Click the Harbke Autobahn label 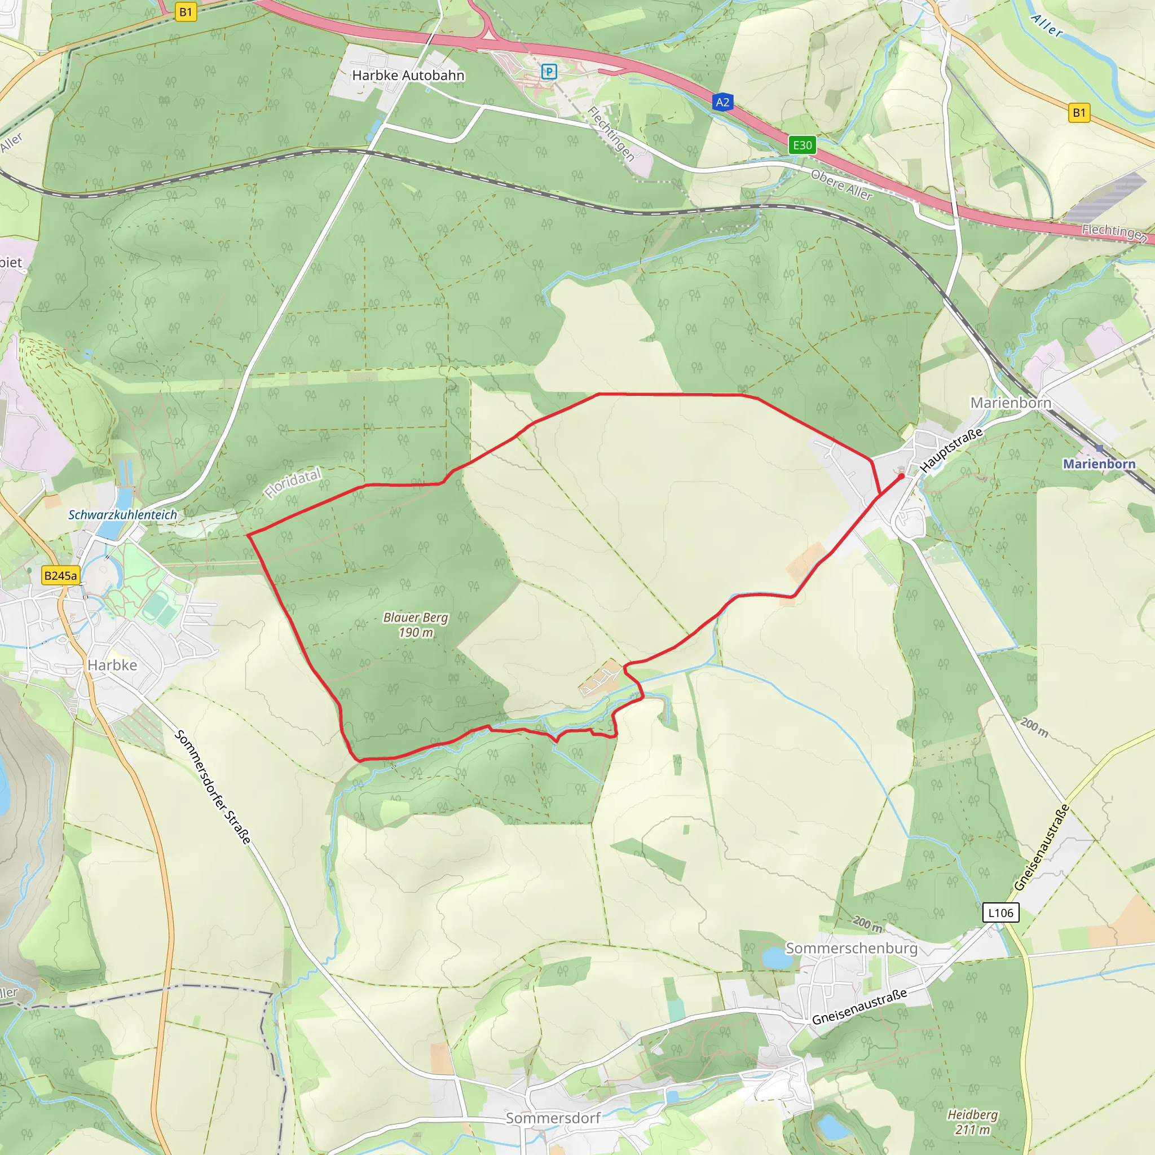pyautogui.click(x=408, y=76)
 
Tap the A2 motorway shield pyautogui.click(x=722, y=102)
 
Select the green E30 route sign pyautogui.click(x=802, y=146)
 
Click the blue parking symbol pyautogui.click(x=549, y=72)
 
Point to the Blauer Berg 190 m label pyautogui.click(x=416, y=625)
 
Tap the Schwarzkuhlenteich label pyautogui.click(x=122, y=515)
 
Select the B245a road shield pyautogui.click(x=61, y=576)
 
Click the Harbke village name pyautogui.click(x=112, y=665)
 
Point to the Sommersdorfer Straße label pyautogui.click(x=213, y=787)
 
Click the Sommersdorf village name pyautogui.click(x=553, y=1117)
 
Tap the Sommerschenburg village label pyautogui.click(x=851, y=948)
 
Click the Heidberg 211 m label pyautogui.click(x=973, y=1122)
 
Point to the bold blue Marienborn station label pyautogui.click(x=1099, y=464)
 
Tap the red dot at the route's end pyautogui.click(x=901, y=477)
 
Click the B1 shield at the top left pyautogui.click(x=186, y=12)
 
